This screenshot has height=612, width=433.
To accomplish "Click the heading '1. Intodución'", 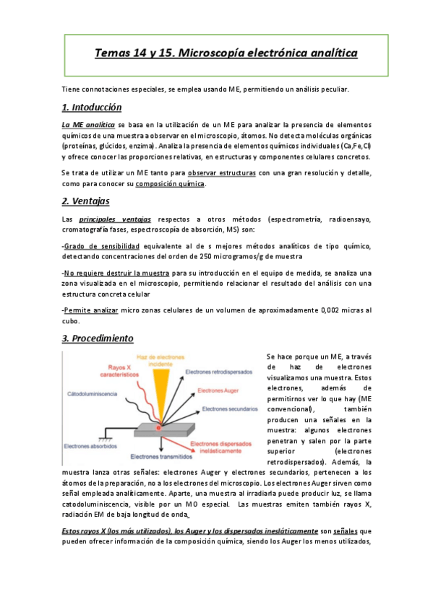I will pyautogui.click(x=91, y=108).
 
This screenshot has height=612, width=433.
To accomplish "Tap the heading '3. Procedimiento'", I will pyautogui.click(x=98, y=338).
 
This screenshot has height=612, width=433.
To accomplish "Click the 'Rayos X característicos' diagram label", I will pyautogui.click(x=111, y=372).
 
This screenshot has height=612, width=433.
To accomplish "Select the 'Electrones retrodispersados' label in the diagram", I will pyautogui.click(x=219, y=372).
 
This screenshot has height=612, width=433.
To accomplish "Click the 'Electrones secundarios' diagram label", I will pyautogui.click(x=229, y=409).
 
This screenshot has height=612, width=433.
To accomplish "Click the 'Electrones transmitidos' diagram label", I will pyautogui.click(x=160, y=457).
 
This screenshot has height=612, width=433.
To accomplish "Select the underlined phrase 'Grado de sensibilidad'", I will pyautogui.click(x=100, y=247).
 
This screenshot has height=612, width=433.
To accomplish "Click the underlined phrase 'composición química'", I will pyautogui.click(x=170, y=183).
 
